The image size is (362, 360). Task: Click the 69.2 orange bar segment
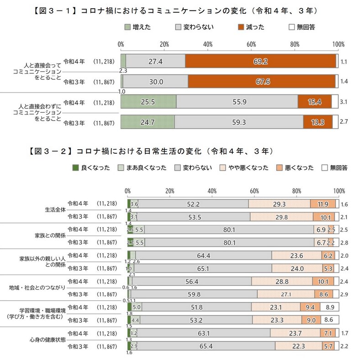[261, 61]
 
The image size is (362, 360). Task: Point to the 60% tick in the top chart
[251, 44]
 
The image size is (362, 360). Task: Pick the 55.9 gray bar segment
[236, 103]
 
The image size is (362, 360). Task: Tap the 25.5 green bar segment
[148, 103]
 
